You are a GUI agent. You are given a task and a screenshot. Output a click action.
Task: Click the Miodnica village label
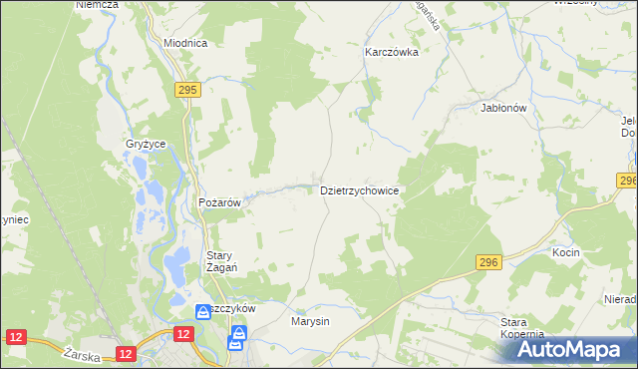click(184, 43)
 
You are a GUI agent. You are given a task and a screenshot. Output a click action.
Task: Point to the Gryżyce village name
click(145, 144)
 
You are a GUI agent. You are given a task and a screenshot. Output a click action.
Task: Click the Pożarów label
click(220, 201)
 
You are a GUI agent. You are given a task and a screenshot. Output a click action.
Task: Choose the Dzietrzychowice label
click(360, 189)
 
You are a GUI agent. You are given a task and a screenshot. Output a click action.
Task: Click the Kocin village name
click(565, 253)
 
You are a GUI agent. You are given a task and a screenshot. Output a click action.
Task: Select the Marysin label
click(310, 322)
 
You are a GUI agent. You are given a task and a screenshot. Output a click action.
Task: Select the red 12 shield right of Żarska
click(125, 353)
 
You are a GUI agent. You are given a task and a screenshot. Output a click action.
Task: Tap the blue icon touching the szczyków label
click(203, 310)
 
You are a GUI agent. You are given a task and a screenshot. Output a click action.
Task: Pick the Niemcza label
click(97, 5)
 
